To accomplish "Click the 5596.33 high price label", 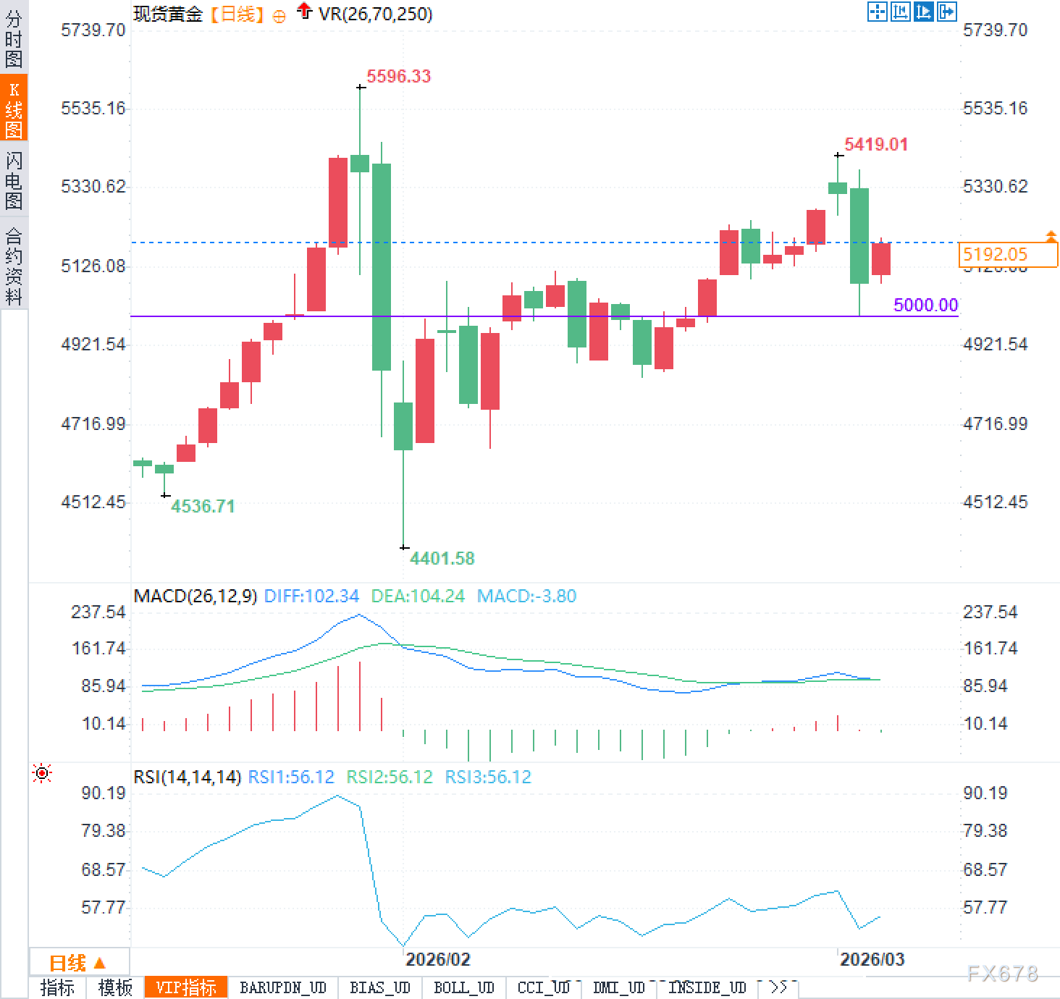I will point(398,77).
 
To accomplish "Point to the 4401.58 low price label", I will point(442,558).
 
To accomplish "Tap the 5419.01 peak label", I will point(875,145).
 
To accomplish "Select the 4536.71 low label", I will point(203,506).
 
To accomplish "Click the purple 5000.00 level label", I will point(925,305).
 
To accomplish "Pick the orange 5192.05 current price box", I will point(1008,254).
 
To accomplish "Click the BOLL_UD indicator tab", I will point(463,987).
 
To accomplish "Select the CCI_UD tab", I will point(543,987).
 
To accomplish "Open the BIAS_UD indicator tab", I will point(379,987).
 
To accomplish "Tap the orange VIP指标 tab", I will point(186,987).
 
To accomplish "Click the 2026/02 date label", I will point(437,959).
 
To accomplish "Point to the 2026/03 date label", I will point(872,959).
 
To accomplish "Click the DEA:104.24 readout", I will point(418,597).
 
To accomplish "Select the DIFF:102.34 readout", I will point(311,597).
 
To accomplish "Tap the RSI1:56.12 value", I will point(291,777).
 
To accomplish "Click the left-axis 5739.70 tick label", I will point(93,30).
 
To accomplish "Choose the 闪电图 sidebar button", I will point(14,180).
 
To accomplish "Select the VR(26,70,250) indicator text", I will point(375,14).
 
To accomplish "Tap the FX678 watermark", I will point(1002,974).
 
